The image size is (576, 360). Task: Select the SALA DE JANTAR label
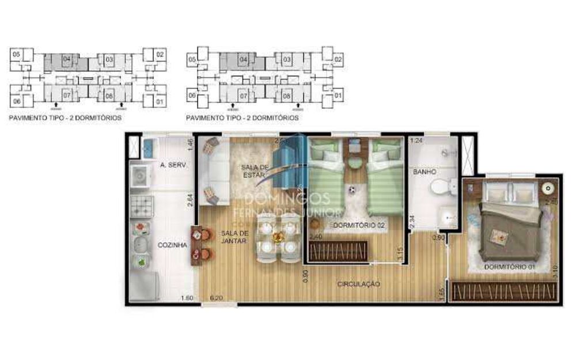coord(233,236)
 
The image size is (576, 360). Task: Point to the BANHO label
coord(423,172)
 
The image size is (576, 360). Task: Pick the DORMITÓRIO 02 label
coord(359,225)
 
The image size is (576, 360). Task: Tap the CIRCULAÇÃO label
coord(359,283)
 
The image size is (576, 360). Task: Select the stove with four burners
coord(142,206)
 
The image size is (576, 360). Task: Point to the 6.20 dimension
coord(217,298)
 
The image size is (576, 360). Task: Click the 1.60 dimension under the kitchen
coord(187,298)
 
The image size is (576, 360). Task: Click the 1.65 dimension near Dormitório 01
coord(441,294)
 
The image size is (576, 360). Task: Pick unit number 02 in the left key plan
coord(160,55)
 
